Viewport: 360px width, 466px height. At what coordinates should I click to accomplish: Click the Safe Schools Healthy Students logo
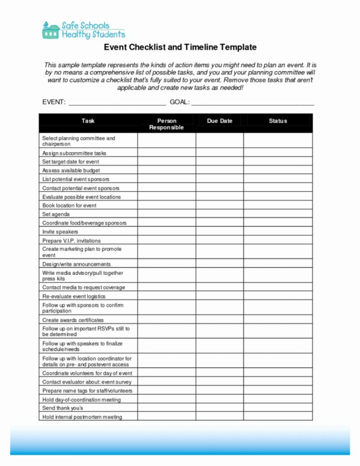[75, 30]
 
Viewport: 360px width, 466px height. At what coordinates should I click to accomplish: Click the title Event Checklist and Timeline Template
[180, 47]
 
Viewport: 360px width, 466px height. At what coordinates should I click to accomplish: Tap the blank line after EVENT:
[117, 102]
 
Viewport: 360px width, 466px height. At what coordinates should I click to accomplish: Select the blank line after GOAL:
[252, 102]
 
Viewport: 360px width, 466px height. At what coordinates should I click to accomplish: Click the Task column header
[88, 121]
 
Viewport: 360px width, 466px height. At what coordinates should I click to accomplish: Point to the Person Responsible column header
[167, 124]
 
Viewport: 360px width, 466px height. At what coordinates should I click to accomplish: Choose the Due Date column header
[219, 121]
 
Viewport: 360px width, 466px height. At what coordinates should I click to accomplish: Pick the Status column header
[278, 121]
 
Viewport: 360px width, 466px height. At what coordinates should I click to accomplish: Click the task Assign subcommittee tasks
[74, 153]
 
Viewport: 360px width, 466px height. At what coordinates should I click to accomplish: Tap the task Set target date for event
[71, 162]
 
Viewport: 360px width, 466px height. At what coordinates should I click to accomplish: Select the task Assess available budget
[71, 171]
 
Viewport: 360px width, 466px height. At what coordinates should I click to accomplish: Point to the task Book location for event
[69, 205]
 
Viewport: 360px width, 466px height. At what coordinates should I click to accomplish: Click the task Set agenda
[56, 214]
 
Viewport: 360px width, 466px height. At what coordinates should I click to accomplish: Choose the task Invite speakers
[60, 232]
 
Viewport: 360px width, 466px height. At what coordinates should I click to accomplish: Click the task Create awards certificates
[72, 320]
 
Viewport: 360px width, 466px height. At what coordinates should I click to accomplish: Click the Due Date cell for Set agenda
[219, 214]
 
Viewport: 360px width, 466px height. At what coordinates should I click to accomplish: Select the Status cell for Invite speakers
[278, 232]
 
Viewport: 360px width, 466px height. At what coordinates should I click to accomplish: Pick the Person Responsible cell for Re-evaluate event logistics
[167, 296]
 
